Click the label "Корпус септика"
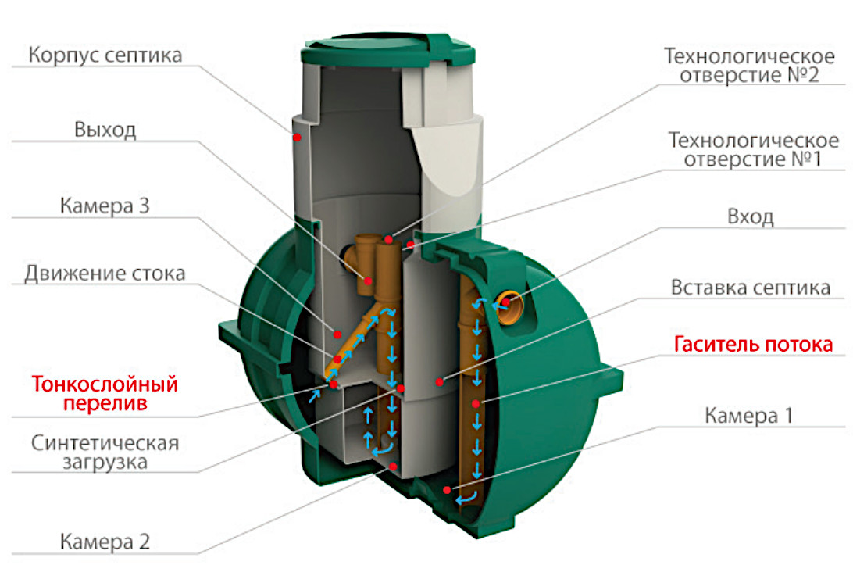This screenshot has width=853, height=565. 105,56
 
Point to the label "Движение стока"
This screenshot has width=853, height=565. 105,274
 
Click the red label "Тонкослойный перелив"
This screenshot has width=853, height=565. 105,395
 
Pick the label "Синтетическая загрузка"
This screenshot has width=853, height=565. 105,452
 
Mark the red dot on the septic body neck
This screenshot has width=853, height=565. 298,137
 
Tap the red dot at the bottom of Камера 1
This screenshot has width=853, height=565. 446,490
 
